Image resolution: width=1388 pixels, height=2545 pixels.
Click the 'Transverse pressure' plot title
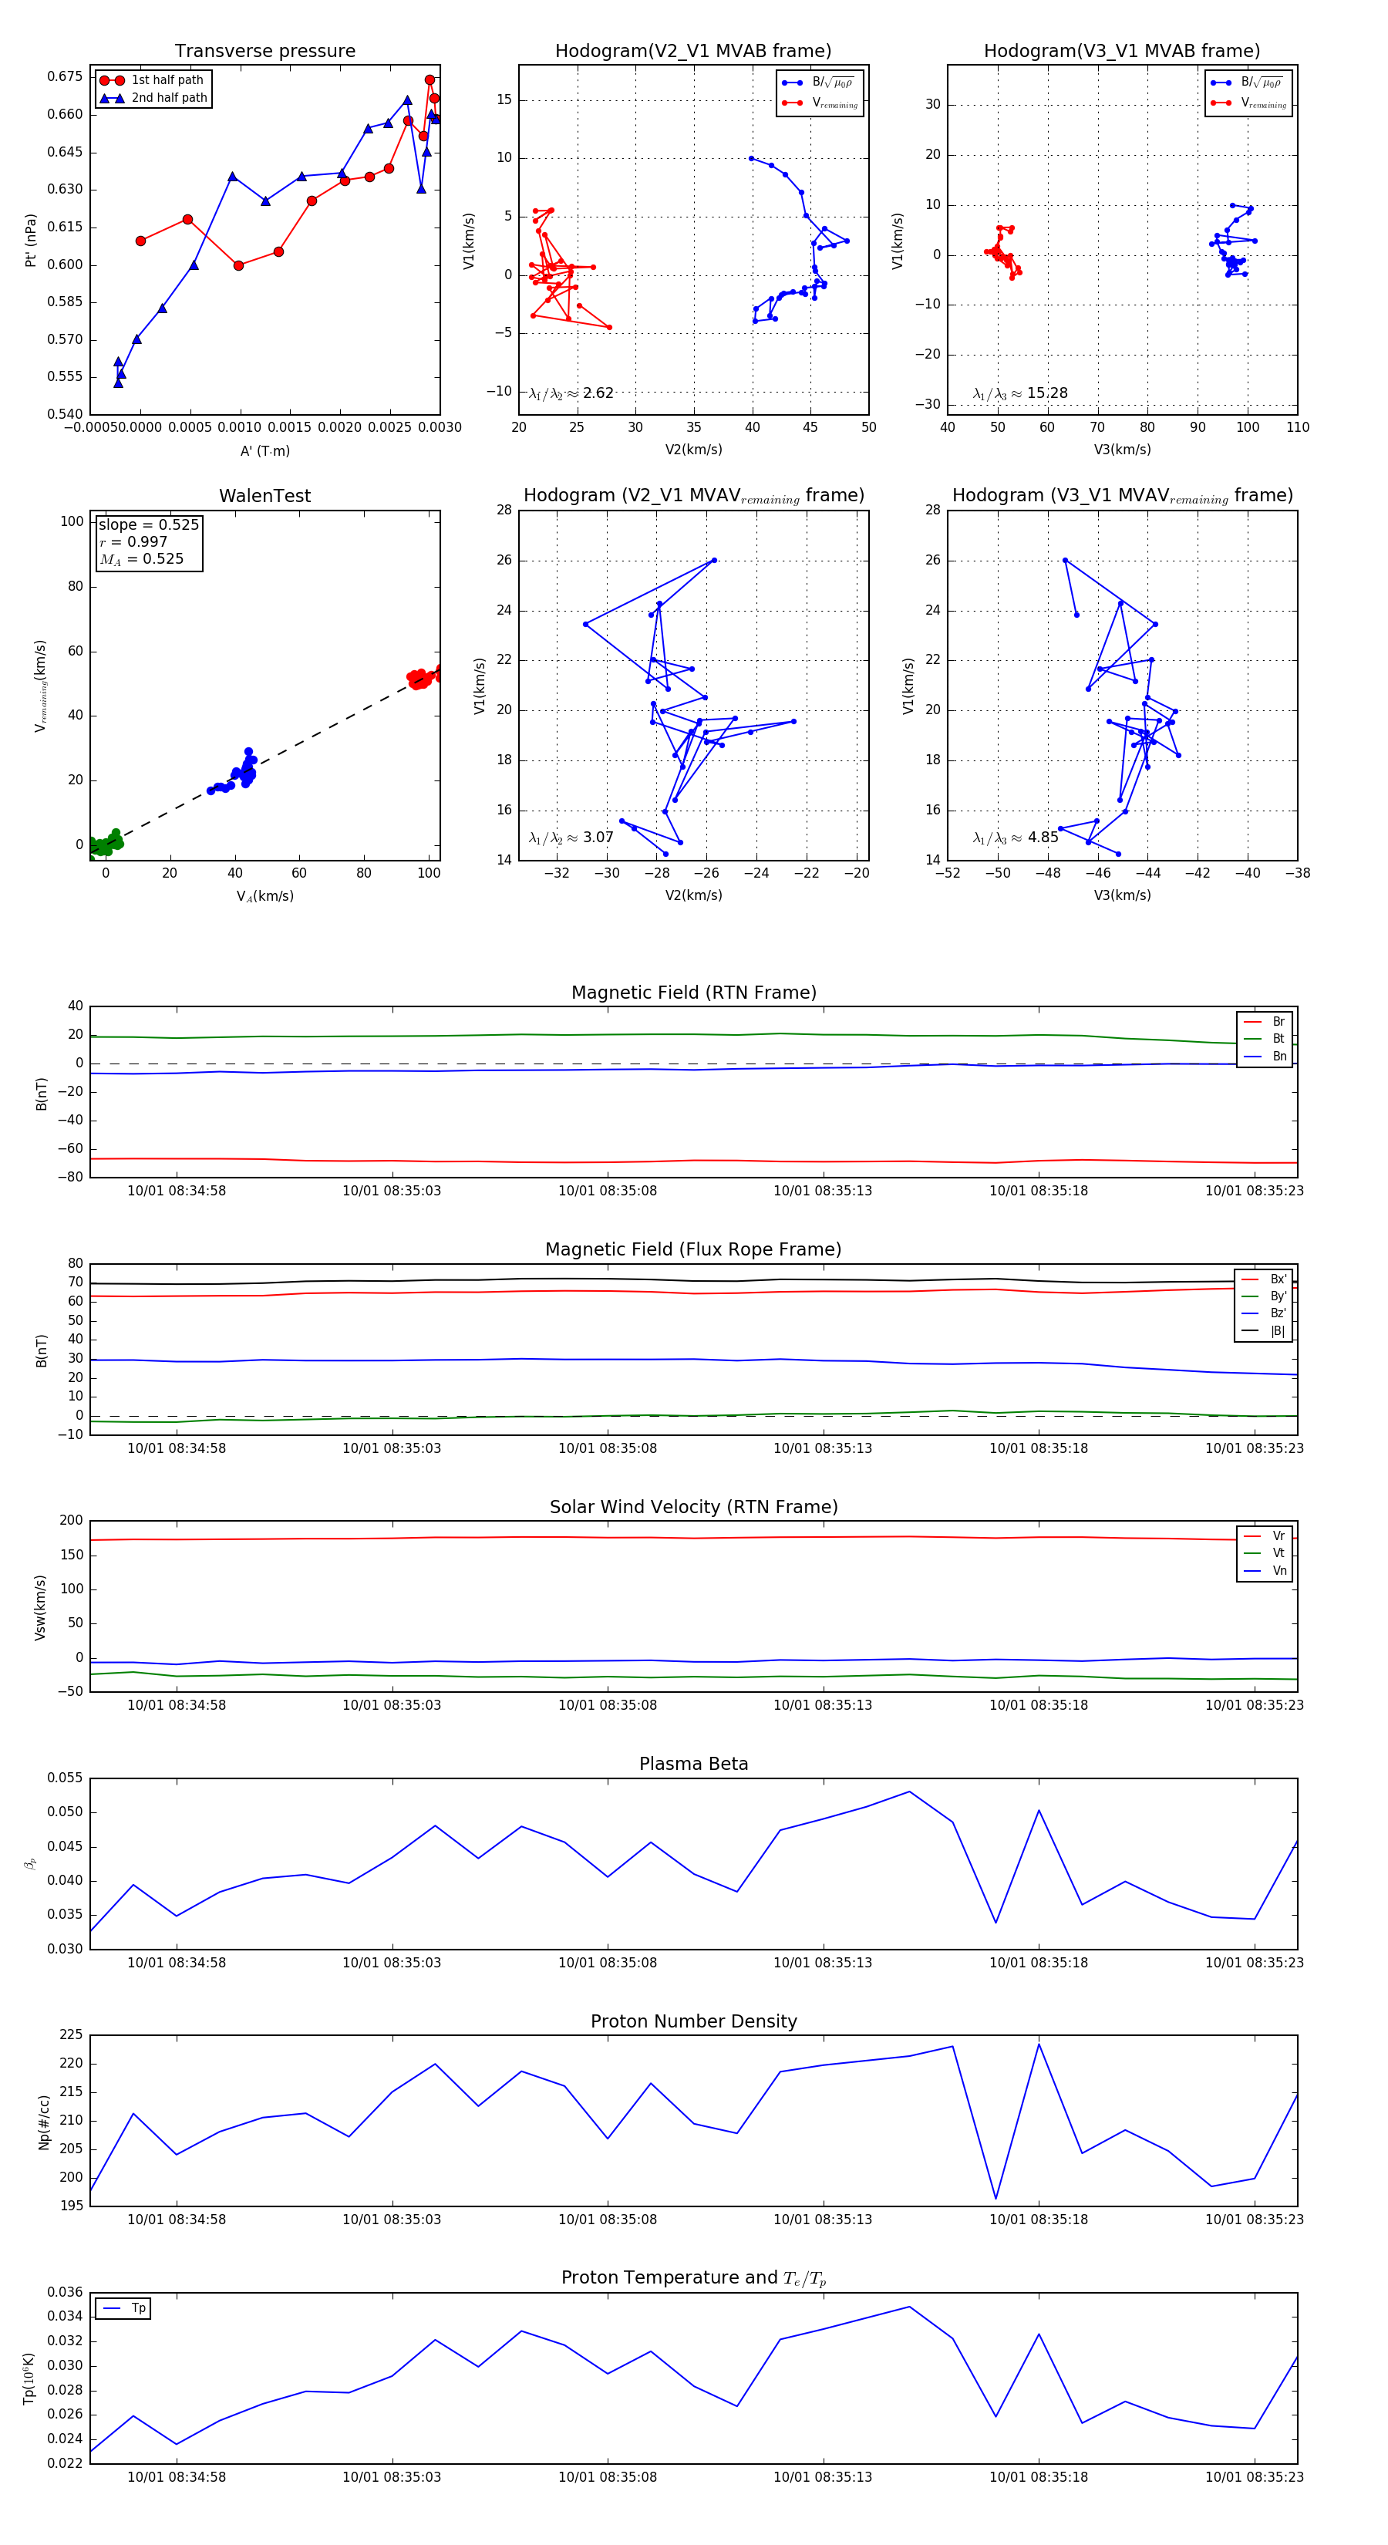[x=264, y=52]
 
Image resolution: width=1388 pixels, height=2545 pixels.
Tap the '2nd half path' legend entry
[x=169, y=98]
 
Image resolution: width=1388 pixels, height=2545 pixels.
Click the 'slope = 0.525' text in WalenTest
[x=148, y=524]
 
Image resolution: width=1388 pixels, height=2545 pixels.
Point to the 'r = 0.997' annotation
[x=133, y=541]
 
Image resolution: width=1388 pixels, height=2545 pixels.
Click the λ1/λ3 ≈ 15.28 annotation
[x=1019, y=393]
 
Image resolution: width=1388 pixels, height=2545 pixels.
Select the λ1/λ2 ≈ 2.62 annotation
[x=571, y=393]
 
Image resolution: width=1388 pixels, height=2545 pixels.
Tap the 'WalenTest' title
[x=264, y=496]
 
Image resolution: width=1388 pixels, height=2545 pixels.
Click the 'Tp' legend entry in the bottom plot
[x=137, y=2308]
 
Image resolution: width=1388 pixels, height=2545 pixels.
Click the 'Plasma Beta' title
[x=693, y=1764]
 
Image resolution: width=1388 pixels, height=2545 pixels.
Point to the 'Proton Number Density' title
[x=693, y=2021]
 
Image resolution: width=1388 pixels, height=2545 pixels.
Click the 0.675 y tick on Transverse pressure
[x=66, y=77]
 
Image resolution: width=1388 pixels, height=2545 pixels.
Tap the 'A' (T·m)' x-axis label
[x=264, y=450]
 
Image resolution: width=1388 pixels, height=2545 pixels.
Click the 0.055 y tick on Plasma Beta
[x=66, y=1778]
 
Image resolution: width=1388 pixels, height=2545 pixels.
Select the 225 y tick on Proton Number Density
[x=71, y=2035]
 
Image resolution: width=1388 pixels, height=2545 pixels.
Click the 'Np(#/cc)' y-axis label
[x=43, y=2122]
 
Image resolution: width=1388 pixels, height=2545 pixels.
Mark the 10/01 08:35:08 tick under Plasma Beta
[x=608, y=1962]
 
